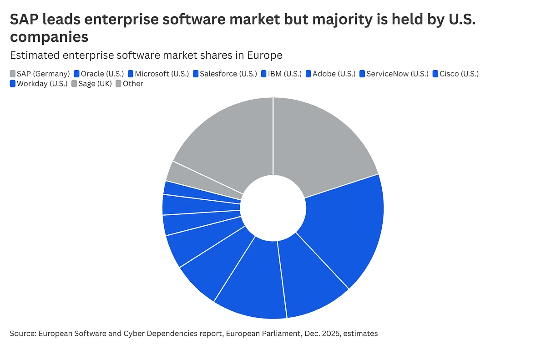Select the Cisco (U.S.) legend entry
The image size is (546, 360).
coord(459,74)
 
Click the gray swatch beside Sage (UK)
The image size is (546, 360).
coord(75,84)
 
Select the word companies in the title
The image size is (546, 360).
coord(49,36)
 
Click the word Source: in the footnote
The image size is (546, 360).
coord(23,334)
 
